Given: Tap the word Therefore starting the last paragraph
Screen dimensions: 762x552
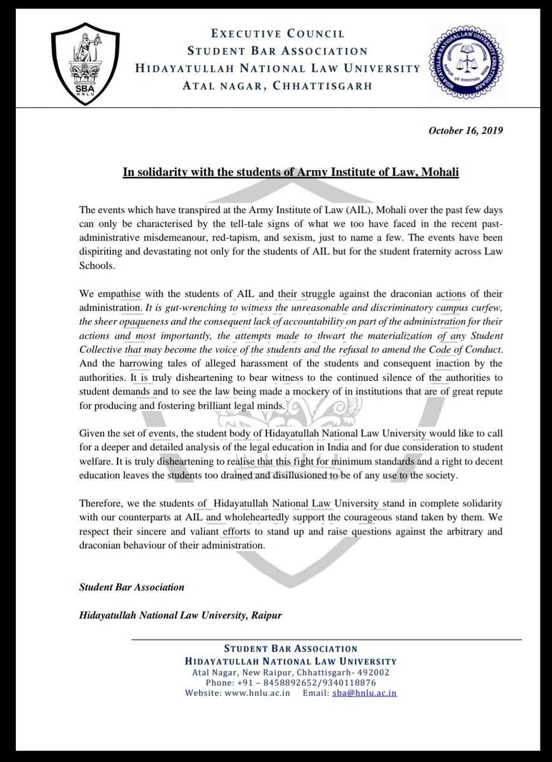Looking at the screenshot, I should (101, 504).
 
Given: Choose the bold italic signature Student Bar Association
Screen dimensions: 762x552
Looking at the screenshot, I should (131, 587).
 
